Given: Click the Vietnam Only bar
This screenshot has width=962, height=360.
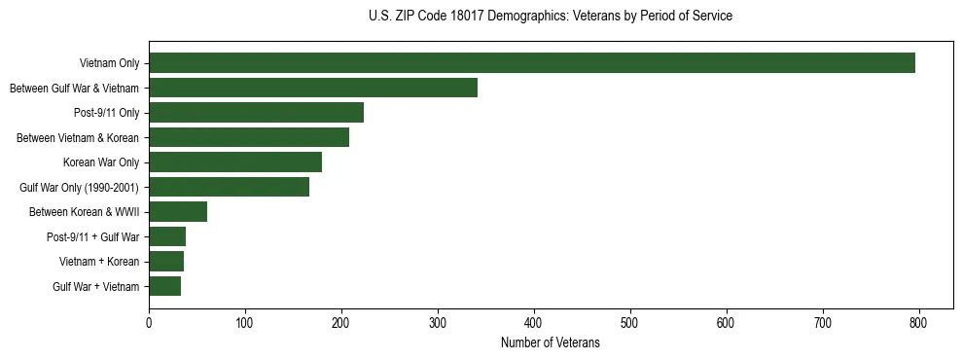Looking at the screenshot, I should click(x=532, y=63).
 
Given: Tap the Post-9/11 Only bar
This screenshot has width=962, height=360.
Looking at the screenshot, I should click(x=256, y=113).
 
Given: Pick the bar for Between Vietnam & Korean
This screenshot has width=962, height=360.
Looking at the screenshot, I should click(x=249, y=137).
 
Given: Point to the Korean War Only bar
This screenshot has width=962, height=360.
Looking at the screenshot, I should click(x=235, y=162).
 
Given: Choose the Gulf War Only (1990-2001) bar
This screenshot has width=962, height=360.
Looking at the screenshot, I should click(x=229, y=187).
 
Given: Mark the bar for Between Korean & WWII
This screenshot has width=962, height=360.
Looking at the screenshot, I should click(x=178, y=212).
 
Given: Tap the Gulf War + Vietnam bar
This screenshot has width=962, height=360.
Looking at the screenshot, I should click(x=165, y=286).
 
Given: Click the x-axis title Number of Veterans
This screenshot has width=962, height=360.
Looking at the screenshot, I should click(x=550, y=343).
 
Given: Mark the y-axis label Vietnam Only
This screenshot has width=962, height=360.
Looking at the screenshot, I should click(x=109, y=63).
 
